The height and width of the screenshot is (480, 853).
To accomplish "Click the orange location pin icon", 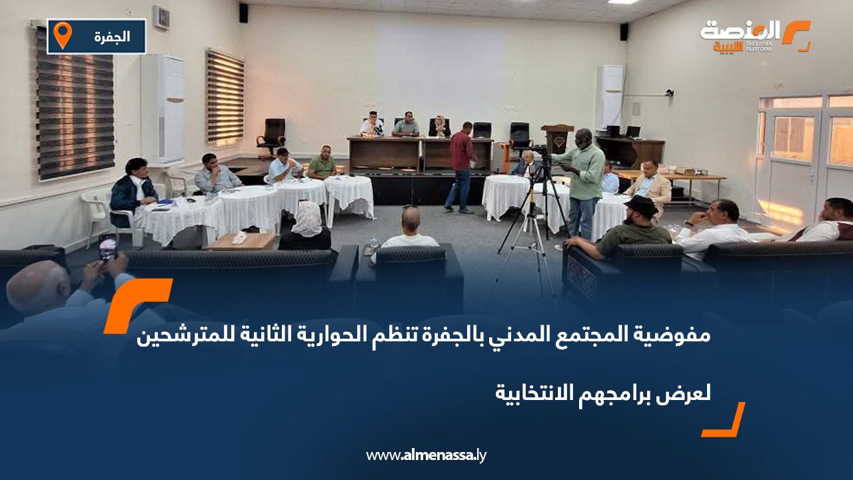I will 62,35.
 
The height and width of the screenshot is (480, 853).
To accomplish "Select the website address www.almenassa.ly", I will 426,456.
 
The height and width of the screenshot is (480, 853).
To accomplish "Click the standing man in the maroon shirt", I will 460,167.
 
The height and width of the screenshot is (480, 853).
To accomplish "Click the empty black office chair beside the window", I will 272,136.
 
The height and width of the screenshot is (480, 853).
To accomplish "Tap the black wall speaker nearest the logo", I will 624,31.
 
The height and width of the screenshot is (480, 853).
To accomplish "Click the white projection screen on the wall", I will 440,67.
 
